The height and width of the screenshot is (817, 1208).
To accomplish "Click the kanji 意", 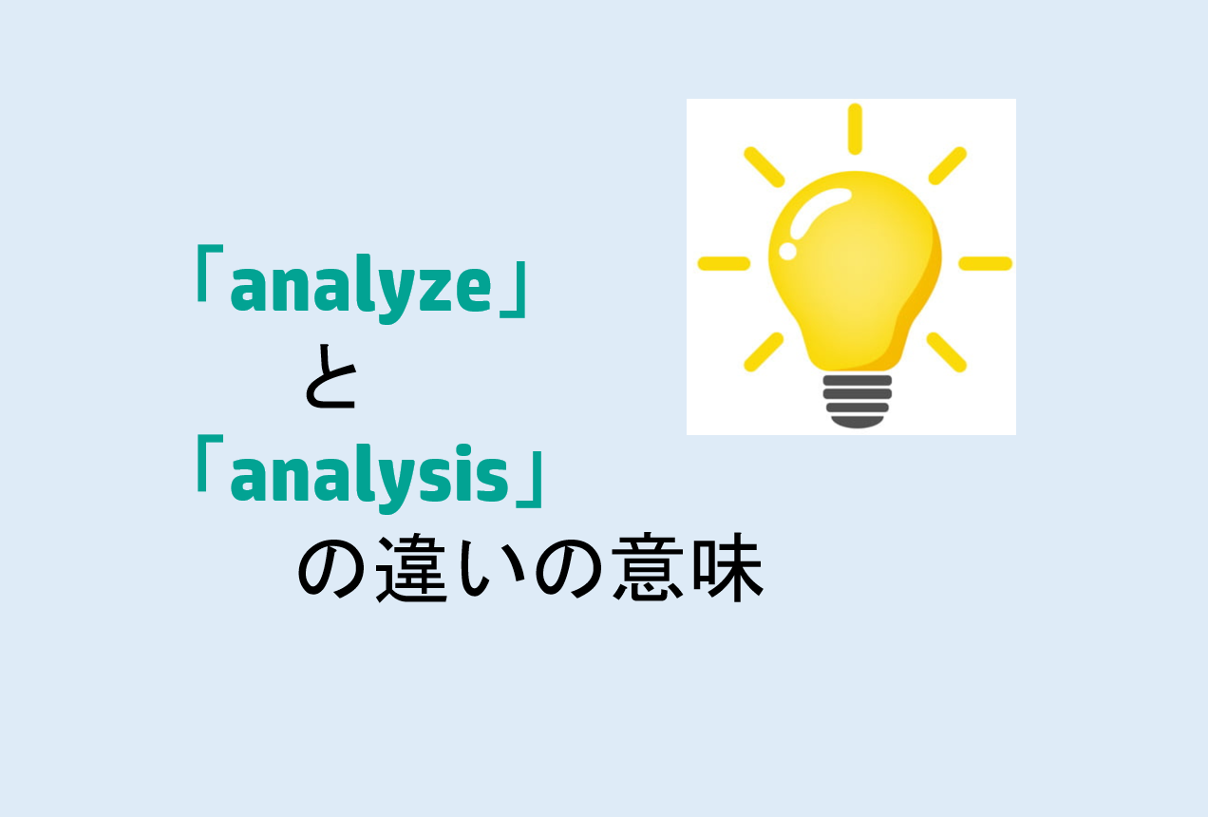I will pyautogui.click(x=646, y=571).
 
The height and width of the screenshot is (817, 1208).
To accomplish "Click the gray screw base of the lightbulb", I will pyautogui.click(x=857, y=398).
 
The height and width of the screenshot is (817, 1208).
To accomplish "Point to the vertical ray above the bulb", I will pyautogui.click(x=855, y=128).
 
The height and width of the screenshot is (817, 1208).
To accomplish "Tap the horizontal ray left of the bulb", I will pyautogui.click(x=724, y=263).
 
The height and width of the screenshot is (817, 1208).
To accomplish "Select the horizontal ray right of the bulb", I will pyautogui.click(x=985, y=263).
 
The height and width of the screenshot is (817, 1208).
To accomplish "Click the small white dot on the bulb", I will pyautogui.click(x=787, y=251).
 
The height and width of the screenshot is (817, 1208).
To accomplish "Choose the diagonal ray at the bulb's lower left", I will pyautogui.click(x=764, y=351).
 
